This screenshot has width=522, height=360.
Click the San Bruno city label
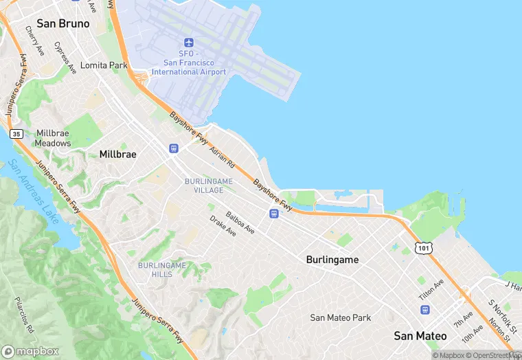click(63, 23)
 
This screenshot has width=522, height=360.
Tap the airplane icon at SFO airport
click(189, 43)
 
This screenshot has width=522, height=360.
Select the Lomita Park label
click(104, 66)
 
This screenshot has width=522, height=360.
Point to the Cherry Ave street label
click(34, 41)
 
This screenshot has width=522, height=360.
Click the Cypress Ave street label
click(66, 58)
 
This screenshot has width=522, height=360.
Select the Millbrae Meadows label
click(54, 138)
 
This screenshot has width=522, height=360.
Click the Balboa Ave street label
click(240, 223)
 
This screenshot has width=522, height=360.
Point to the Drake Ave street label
click(223, 226)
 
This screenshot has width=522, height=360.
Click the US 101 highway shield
click(424, 247)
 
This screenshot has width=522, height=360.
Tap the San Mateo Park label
click(341, 317)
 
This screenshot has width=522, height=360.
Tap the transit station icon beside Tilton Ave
click(424, 310)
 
